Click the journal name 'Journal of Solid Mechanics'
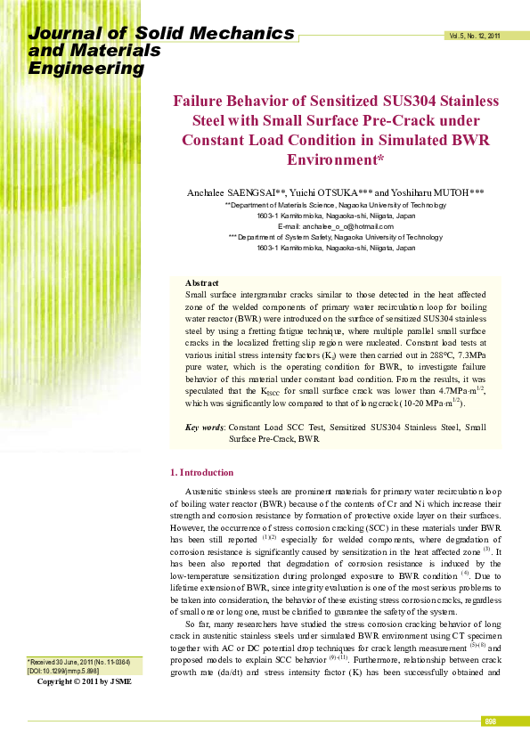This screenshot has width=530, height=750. (161, 34)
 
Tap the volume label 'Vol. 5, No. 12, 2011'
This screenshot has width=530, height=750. (474, 37)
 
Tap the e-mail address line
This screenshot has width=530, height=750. (335, 226)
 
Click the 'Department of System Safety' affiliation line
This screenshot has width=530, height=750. (335, 238)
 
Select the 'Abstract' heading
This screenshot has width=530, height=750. (201, 282)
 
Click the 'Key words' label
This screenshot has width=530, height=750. (204, 428)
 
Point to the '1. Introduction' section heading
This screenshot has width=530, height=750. (201, 472)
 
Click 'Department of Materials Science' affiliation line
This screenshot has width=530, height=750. (335, 204)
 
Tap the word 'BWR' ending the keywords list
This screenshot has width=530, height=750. (309, 439)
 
